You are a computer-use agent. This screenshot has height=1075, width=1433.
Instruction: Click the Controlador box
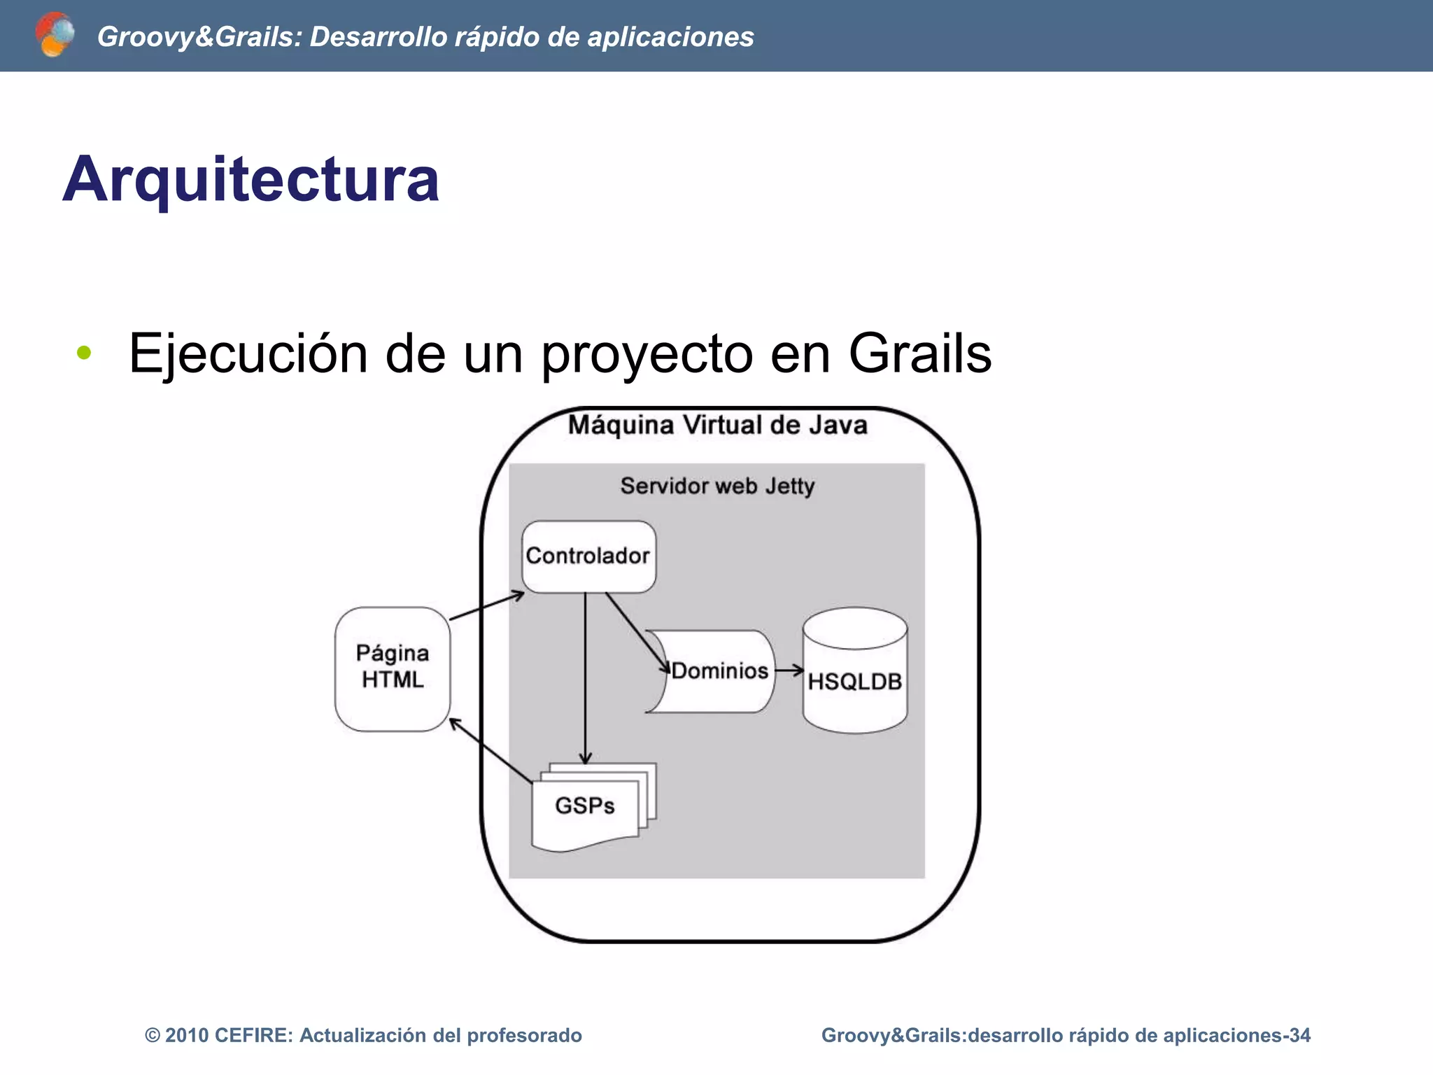click(x=588, y=556)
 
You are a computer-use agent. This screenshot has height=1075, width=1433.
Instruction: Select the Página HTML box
click(x=393, y=668)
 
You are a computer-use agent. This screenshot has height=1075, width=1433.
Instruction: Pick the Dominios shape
click(x=717, y=671)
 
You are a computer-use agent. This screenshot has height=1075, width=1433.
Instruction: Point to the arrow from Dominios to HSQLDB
click(x=789, y=670)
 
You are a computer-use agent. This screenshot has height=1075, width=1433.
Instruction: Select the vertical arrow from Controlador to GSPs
click(x=586, y=679)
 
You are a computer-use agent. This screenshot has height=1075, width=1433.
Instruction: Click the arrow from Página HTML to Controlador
click(x=486, y=606)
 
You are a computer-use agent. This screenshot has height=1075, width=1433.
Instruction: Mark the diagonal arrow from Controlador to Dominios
click(x=635, y=630)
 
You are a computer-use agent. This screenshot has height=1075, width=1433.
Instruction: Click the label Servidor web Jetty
click(x=717, y=486)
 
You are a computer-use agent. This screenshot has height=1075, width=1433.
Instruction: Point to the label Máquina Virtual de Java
click(x=717, y=425)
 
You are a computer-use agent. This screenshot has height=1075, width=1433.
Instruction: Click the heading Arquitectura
click(x=250, y=180)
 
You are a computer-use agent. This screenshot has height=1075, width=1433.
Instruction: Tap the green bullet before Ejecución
click(x=84, y=353)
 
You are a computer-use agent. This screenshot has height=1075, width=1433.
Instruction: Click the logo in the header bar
click(x=55, y=34)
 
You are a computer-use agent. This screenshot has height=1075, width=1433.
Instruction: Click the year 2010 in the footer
click(x=186, y=1035)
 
